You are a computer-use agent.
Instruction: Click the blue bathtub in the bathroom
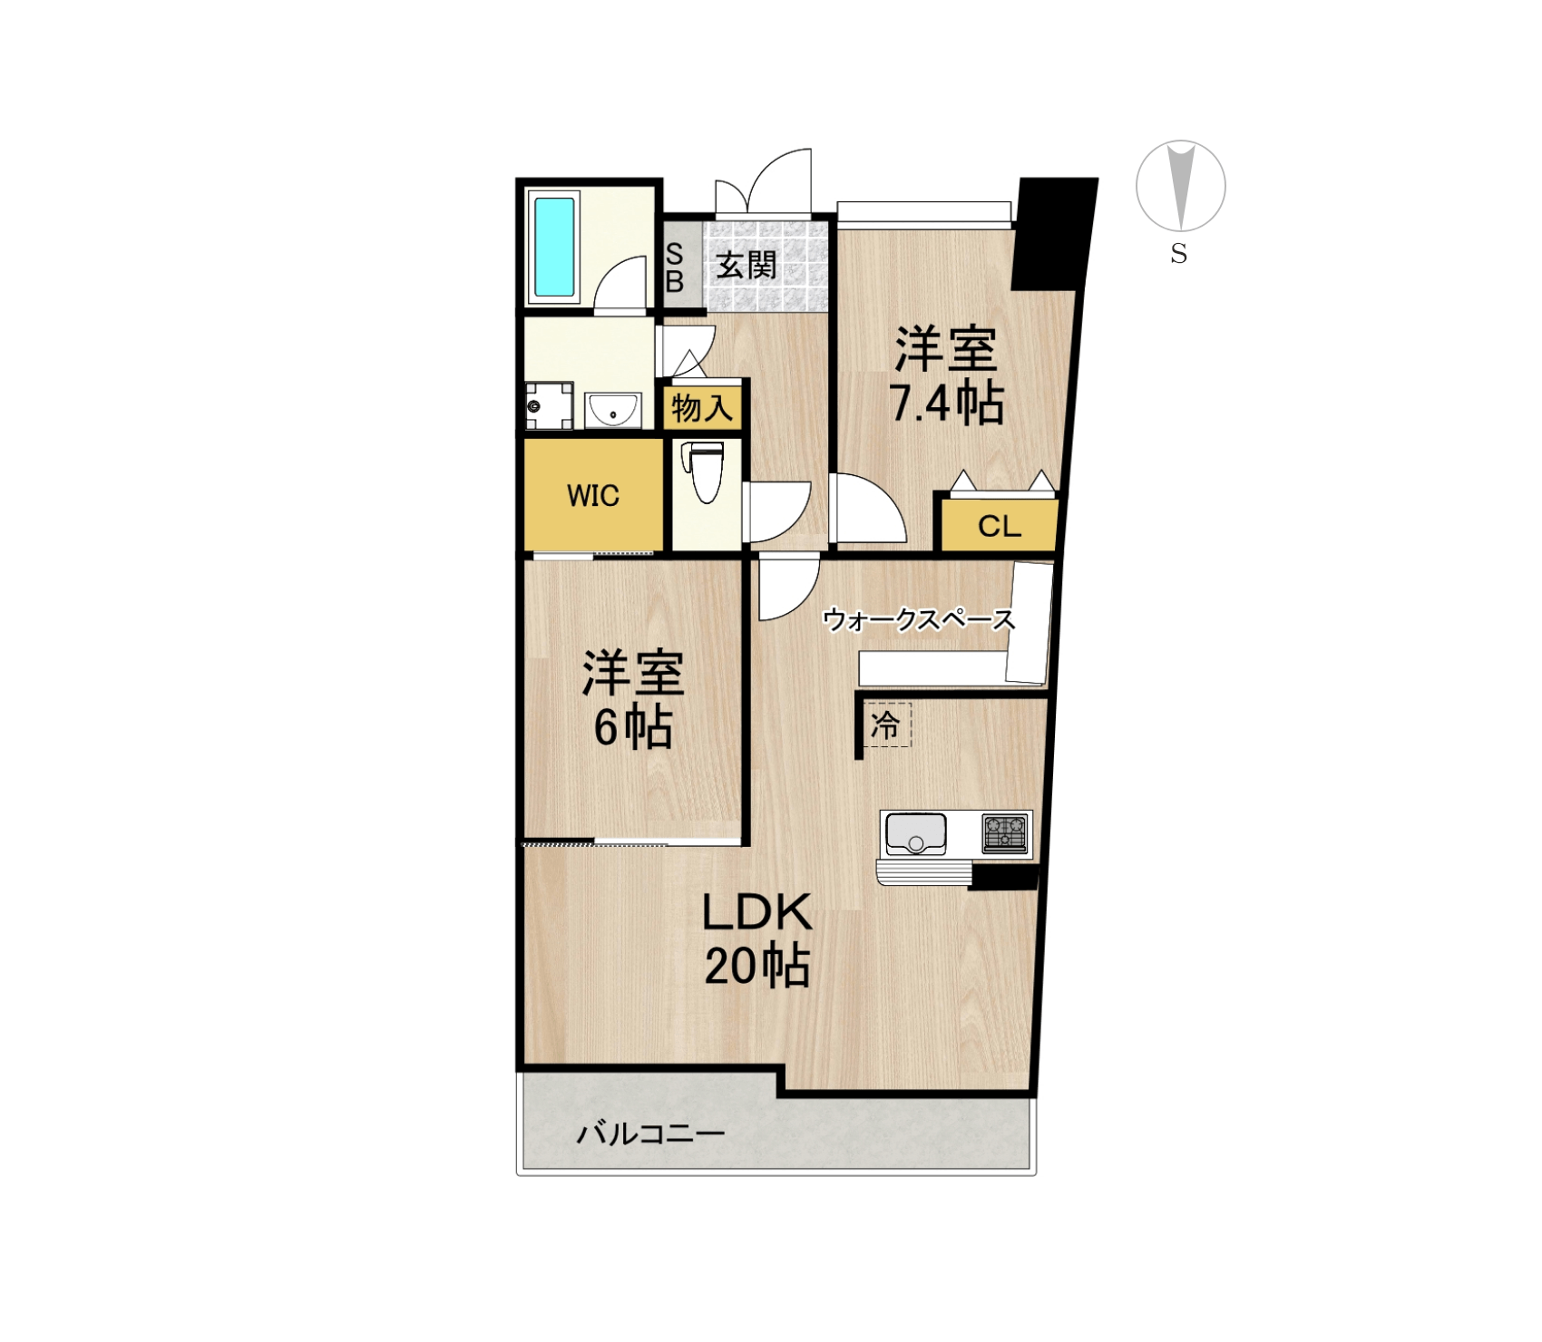[x=554, y=248]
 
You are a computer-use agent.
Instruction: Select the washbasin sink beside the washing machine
[x=613, y=409]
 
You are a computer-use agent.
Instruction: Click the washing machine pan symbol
[x=549, y=405]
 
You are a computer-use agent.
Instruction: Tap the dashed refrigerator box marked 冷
[x=887, y=724]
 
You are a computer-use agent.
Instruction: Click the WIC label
[x=593, y=496]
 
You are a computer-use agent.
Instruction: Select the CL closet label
[x=1000, y=527]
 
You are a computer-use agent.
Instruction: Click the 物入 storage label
[x=702, y=409]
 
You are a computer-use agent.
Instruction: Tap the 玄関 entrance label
[x=747, y=266]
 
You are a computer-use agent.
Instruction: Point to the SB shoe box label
[x=674, y=268]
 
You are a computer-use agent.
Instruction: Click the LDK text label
[x=757, y=912]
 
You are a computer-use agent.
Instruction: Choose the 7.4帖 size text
[x=947, y=404]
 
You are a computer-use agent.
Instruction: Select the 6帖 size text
[x=633, y=727]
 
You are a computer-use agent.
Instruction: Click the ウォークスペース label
[x=919, y=620]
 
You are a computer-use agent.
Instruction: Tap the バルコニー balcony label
[x=651, y=1133]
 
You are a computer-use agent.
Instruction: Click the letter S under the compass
[x=1179, y=255]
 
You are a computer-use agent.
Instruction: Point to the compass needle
[x=1180, y=185]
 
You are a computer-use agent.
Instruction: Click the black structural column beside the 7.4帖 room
[x=1055, y=234]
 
